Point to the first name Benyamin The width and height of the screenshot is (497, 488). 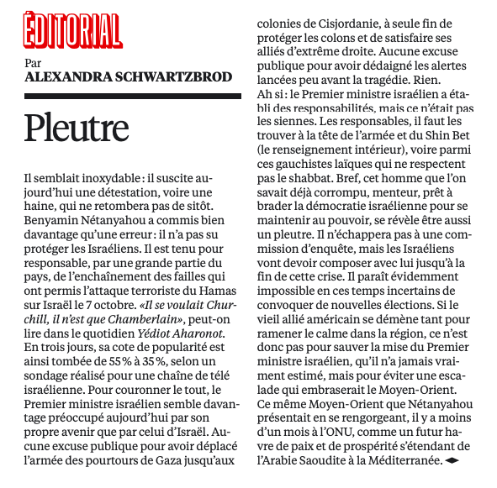[53, 219]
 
